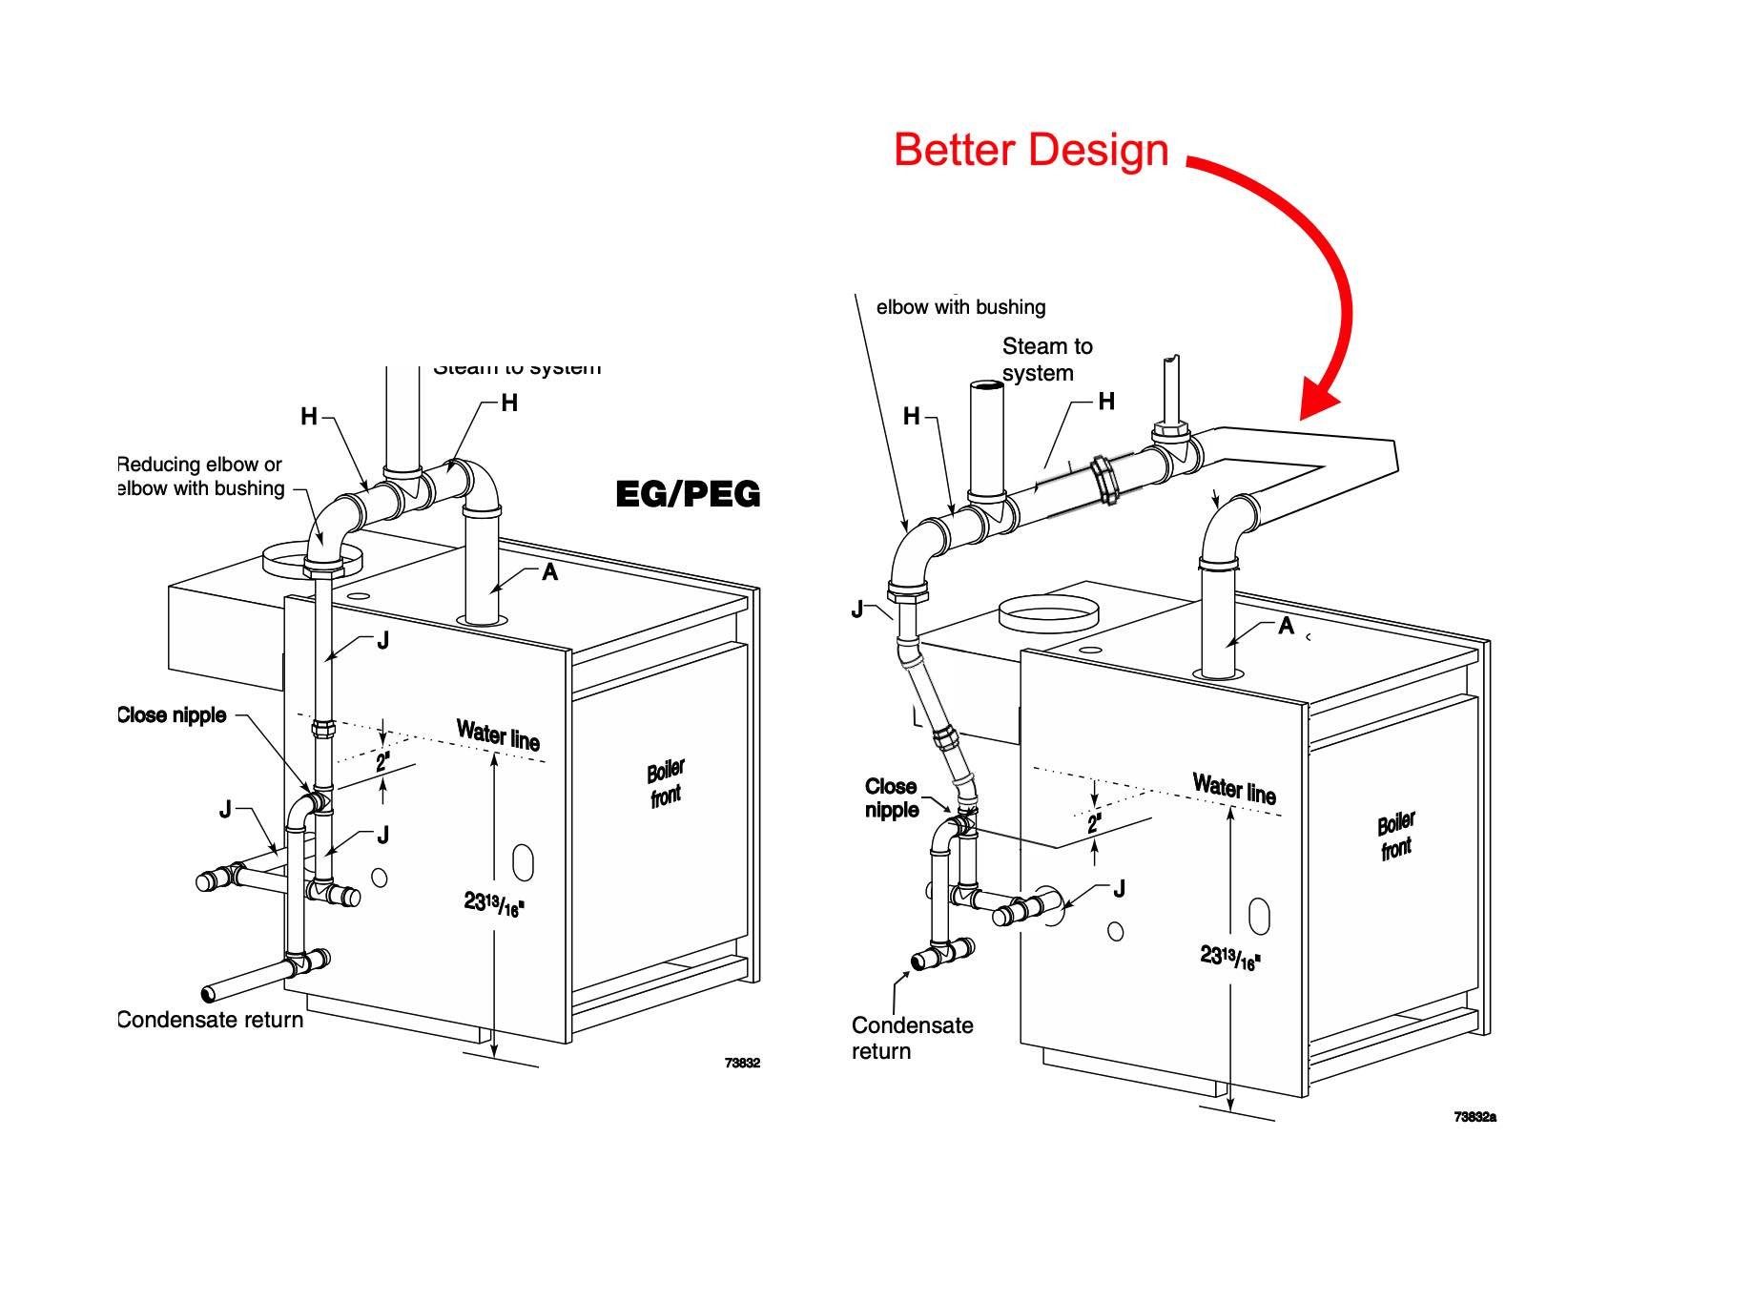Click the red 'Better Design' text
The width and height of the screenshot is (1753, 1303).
(x=1031, y=151)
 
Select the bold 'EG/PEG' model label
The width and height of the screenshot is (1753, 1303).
(x=688, y=494)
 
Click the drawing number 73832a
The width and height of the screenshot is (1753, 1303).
(x=1475, y=1117)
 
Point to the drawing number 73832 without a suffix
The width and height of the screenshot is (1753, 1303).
(x=742, y=1063)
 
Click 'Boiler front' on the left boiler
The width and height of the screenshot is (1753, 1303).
(x=666, y=783)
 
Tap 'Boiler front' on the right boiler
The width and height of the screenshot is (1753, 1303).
(x=1396, y=837)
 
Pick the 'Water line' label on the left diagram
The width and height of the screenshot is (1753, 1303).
(x=498, y=735)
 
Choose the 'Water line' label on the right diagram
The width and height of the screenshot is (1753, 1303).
(x=1234, y=789)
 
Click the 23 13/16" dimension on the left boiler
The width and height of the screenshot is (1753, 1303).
(x=494, y=903)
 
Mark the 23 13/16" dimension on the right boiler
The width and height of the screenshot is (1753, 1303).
(x=1230, y=957)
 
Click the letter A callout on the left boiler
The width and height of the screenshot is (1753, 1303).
(x=549, y=571)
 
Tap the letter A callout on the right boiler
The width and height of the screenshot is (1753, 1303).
(x=1286, y=626)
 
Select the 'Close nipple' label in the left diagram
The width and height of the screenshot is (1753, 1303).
(x=172, y=715)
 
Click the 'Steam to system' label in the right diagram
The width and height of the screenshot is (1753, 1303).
(x=1046, y=360)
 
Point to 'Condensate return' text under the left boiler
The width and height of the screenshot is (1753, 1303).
(x=210, y=1020)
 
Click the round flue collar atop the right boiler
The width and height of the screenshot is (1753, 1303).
(x=1047, y=613)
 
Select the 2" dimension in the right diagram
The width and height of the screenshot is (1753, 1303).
(x=1094, y=823)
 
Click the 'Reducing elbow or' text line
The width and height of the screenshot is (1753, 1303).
(x=199, y=465)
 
